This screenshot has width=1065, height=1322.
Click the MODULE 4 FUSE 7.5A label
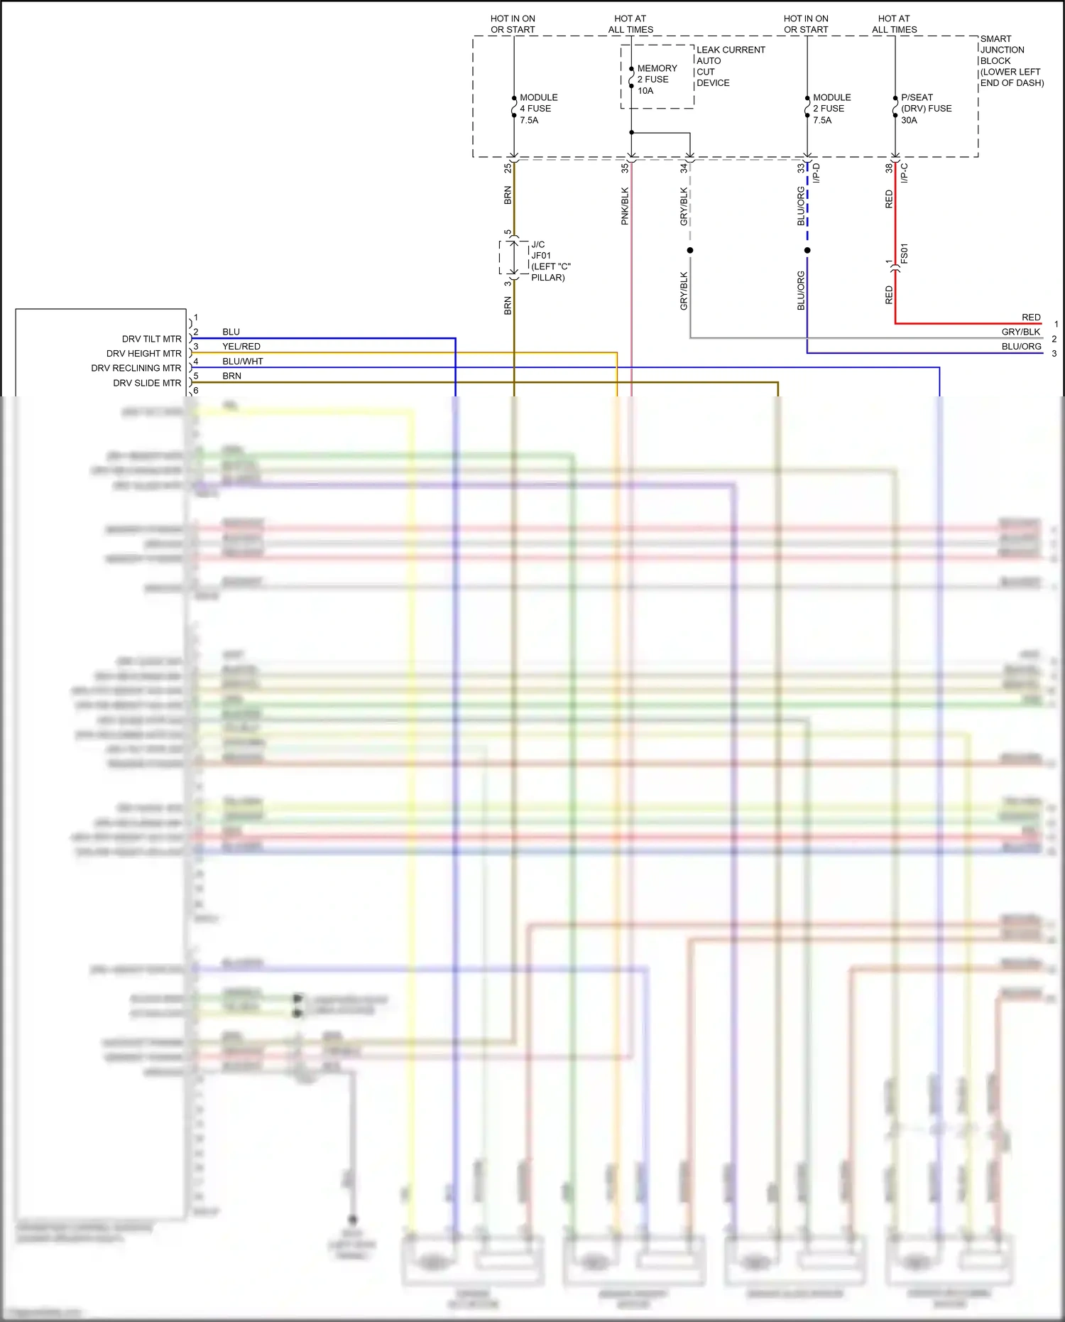[538, 109]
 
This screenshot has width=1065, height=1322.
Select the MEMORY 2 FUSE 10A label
[656, 80]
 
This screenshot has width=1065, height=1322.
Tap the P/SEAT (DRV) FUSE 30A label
[925, 109]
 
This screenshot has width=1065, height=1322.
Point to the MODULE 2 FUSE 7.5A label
[831, 109]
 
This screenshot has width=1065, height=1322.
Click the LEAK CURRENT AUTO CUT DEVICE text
[730, 66]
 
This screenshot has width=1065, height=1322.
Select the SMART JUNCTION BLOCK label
[1010, 60]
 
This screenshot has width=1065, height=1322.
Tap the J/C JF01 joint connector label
[550, 261]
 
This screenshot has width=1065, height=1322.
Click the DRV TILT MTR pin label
[151, 339]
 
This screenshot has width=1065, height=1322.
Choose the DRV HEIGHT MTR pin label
[143, 354]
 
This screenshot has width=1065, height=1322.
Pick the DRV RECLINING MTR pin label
[136, 368]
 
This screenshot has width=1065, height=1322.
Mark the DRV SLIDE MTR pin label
[147, 383]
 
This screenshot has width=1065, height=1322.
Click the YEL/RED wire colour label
[241, 347]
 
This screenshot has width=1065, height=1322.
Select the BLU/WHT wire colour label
[242, 362]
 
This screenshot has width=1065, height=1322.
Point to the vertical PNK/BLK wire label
[625, 206]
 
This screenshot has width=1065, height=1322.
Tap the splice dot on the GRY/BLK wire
[690, 250]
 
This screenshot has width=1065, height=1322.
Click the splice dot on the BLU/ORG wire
[807, 250]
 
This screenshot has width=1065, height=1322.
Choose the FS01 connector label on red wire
[904, 254]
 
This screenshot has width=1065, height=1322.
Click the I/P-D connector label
[816, 173]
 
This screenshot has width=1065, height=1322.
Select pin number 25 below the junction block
[508, 168]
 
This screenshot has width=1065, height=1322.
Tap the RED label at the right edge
[1030, 318]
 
